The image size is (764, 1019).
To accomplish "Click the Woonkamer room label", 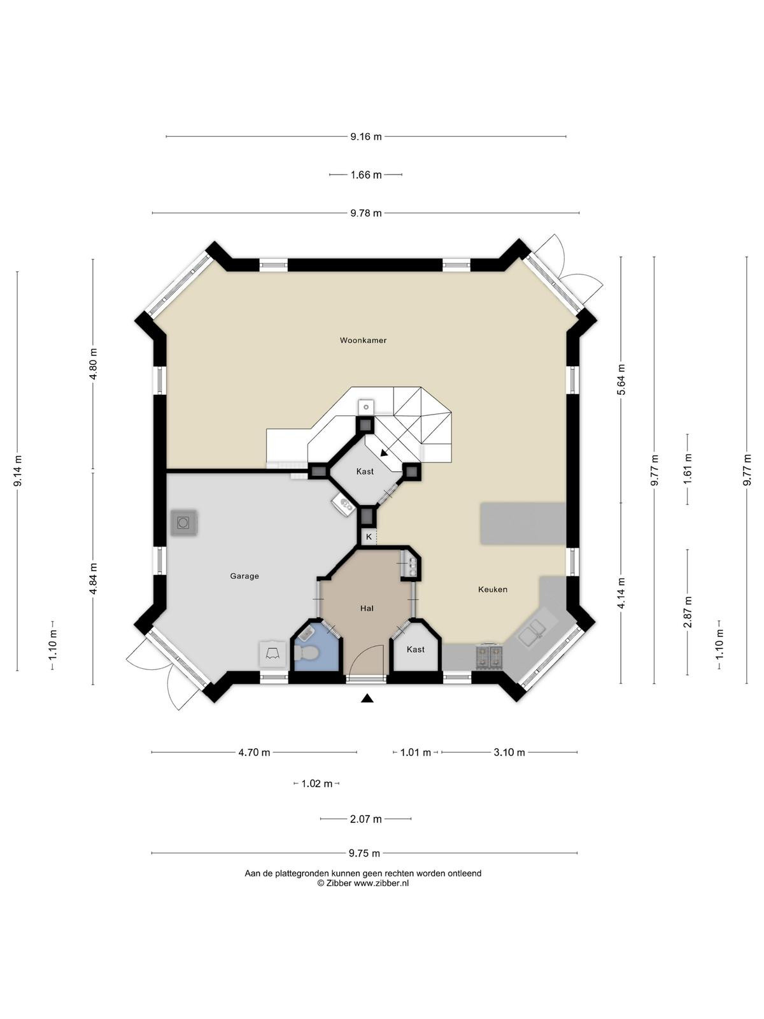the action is pos(363,340).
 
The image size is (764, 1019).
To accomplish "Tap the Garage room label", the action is pos(244,576).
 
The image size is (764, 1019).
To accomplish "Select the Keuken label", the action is pos(493,590).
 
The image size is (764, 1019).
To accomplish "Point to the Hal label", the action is pos(367,608).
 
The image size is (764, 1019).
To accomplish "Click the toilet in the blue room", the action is pos(306,653).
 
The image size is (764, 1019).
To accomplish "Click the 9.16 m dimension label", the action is pos(366,136).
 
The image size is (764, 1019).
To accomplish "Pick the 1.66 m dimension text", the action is pos(366,175).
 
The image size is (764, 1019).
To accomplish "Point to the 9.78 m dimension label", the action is pos(366,213).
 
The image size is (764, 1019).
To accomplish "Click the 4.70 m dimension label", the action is pos(254,753).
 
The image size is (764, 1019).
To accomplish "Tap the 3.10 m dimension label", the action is pos(509,753).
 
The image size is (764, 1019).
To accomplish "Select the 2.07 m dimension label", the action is pos(366,820).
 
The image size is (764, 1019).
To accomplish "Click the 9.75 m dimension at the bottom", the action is pos(365,853).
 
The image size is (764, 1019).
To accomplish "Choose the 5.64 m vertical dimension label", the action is pos(622,380).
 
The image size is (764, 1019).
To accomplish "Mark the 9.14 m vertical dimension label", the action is pos(18,471).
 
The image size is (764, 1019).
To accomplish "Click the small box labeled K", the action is pos(369,537).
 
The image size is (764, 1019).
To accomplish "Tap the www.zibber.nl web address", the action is pos(381,883).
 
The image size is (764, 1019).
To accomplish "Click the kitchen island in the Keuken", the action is pos(523,524).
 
